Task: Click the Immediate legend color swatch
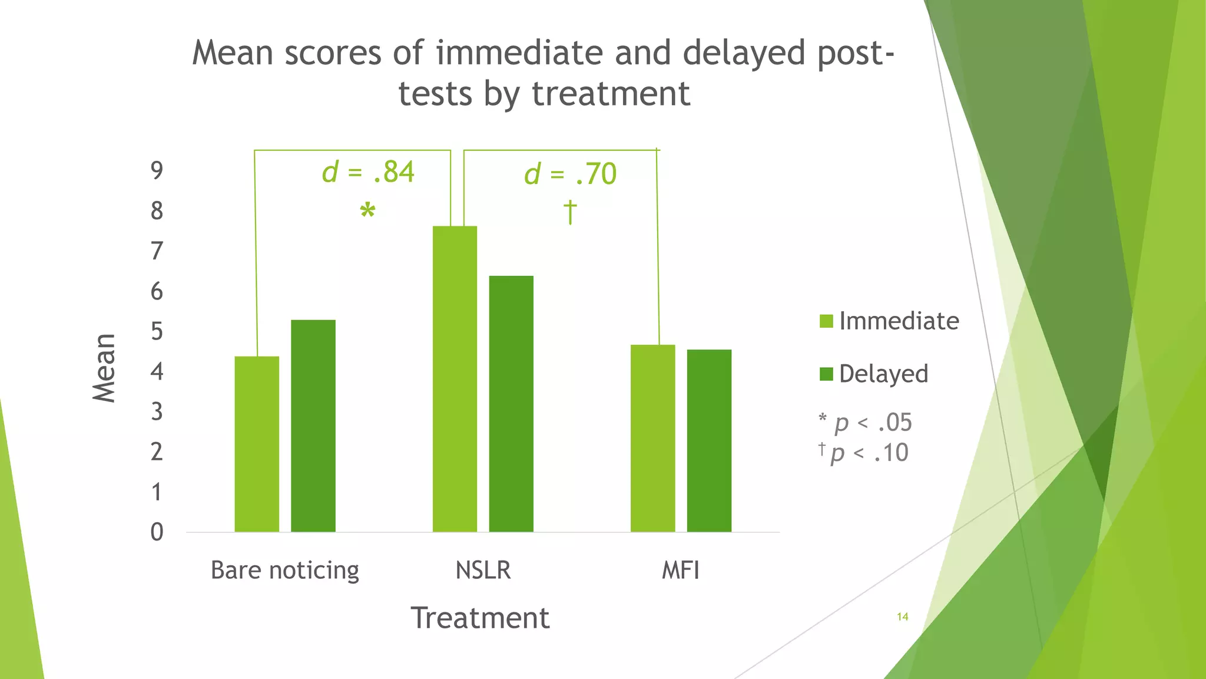[826, 321]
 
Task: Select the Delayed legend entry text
[883, 374]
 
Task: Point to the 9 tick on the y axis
[157, 171]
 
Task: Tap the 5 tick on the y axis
[157, 332]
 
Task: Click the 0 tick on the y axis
[157, 532]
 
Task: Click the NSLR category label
[483, 570]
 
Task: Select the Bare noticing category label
[285, 570]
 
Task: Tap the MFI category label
[681, 570]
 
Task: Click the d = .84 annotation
[368, 172]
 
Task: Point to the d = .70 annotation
[570, 174]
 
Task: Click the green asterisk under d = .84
[367, 211]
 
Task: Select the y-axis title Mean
[104, 368]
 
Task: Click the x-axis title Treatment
[480, 618]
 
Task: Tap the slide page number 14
[902, 617]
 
